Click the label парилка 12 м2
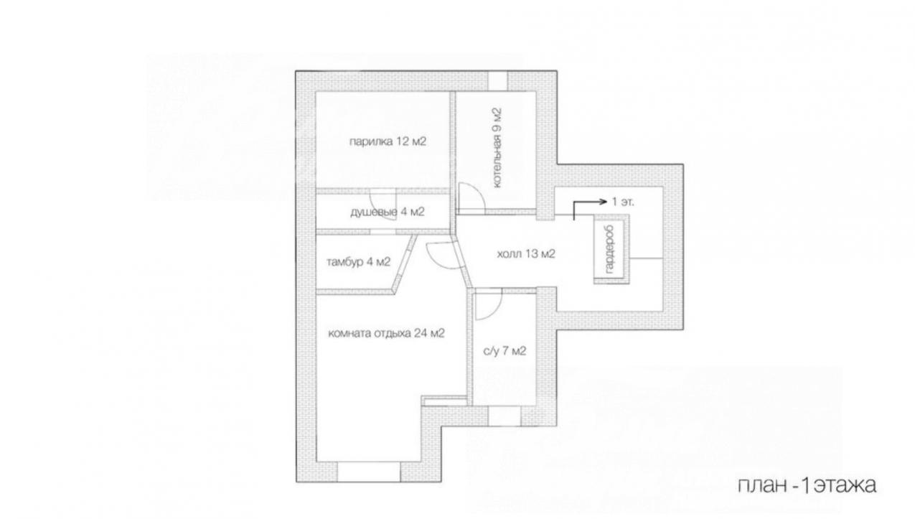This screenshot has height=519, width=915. click(388, 141)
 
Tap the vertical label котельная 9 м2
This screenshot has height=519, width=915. click(497, 148)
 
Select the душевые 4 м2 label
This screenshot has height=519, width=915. click(388, 212)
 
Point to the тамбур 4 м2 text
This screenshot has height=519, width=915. click(358, 261)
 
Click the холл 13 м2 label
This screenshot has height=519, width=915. click(526, 254)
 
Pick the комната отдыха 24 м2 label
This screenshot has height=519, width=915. click(386, 333)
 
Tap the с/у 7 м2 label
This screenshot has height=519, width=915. click(505, 350)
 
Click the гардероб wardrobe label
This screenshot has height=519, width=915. click(609, 249)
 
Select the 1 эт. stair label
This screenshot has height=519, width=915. click(623, 202)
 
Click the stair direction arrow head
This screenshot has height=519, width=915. click(604, 202)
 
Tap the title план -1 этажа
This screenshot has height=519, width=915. click(807, 485)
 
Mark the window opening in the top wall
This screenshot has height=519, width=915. click(498, 81)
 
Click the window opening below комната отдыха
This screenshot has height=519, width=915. click(369, 472)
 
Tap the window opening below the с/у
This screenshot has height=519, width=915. click(505, 416)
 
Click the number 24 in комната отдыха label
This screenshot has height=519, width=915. click(421, 333)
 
